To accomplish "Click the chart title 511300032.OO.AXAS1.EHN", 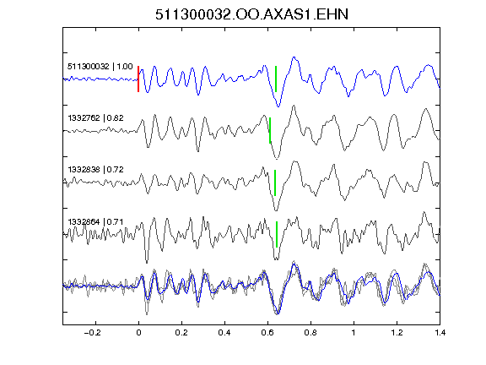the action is click(x=251, y=14).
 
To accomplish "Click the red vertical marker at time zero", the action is click(x=138, y=79).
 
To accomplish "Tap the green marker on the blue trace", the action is click(x=276, y=79).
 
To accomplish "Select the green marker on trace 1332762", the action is click(x=270, y=130).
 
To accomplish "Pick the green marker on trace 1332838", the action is click(x=275, y=182).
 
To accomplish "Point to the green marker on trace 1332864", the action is click(x=277, y=234).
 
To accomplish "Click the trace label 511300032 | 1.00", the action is click(x=100, y=67).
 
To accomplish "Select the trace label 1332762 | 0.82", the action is click(x=96, y=118).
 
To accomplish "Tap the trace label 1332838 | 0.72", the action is click(x=96, y=170).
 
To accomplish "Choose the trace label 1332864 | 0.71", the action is click(x=96, y=221).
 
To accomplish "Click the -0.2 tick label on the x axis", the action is click(x=93, y=333).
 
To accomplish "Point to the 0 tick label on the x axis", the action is click(x=138, y=333).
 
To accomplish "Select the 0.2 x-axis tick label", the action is click(x=181, y=333).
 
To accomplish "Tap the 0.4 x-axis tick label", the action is click(x=224, y=333).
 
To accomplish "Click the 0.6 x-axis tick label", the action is click(x=267, y=333).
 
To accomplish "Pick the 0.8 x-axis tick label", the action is click(x=310, y=333).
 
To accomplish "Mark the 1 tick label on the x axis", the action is click(x=354, y=333).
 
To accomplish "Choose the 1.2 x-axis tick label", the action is click(x=397, y=333).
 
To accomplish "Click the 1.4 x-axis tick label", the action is click(x=440, y=333).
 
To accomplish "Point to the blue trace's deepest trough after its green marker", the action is click(x=278, y=106).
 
